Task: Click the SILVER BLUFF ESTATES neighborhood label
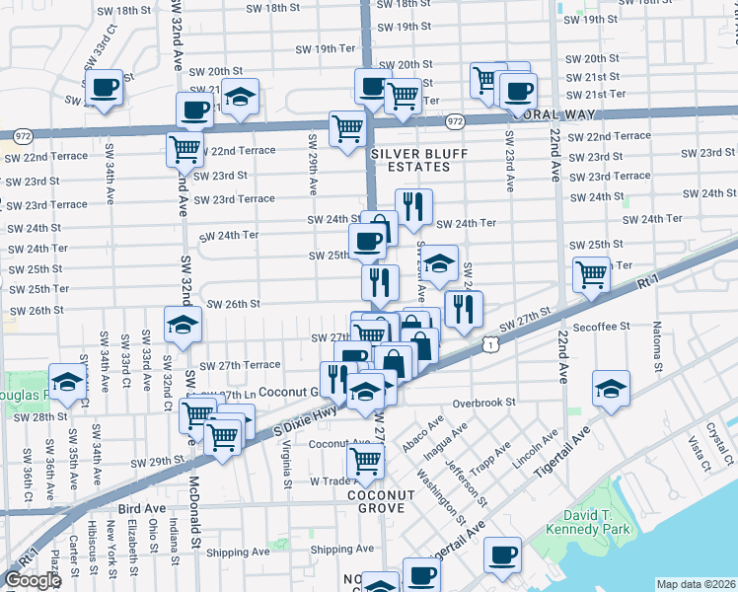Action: (x=410, y=160)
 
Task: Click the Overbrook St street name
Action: (x=485, y=404)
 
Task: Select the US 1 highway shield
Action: (x=490, y=343)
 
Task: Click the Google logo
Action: (x=33, y=580)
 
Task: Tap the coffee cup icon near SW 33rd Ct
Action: (x=104, y=88)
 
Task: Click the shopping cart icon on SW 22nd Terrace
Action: (x=184, y=149)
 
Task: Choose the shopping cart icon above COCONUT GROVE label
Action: (x=366, y=460)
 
